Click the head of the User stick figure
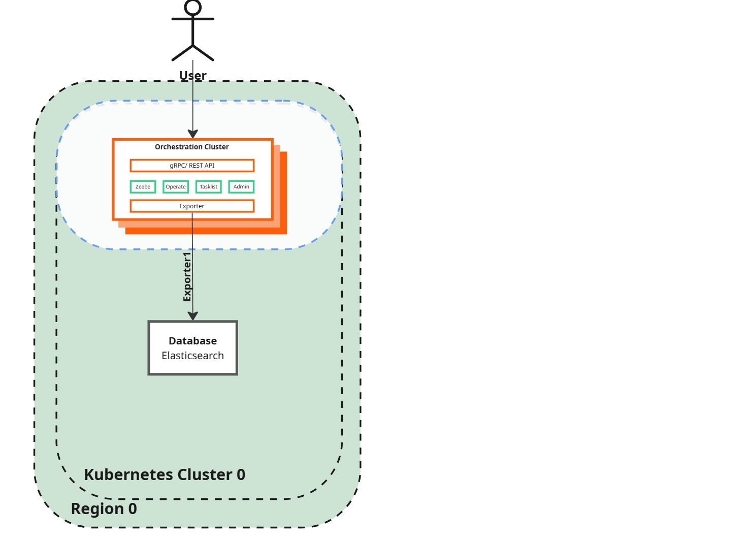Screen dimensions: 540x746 tap(193, 7)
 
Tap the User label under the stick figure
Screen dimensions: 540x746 tap(193, 76)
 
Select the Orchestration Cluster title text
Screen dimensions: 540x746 tap(192, 147)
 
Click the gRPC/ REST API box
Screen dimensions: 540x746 tap(192, 166)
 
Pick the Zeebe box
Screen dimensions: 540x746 tap(143, 187)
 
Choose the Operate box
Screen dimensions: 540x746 tap(176, 187)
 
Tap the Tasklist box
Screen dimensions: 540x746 tap(208, 187)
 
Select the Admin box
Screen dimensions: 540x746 tap(241, 187)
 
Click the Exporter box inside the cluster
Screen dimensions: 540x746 tap(192, 206)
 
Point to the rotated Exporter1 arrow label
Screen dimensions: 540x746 tap(187, 277)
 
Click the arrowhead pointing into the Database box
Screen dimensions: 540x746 tap(192, 316)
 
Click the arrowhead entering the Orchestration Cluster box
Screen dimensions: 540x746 tap(193, 134)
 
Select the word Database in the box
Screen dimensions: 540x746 tap(192, 341)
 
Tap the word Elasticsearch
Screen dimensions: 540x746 tap(192, 356)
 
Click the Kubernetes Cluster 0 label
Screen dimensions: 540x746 tap(165, 474)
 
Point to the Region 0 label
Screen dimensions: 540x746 tap(104, 509)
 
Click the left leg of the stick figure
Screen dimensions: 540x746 tap(182, 53)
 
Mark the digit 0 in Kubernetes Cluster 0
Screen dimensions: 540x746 tap(241, 474)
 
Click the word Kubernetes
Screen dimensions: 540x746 tap(129, 474)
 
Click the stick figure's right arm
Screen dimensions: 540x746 tap(204, 19)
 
